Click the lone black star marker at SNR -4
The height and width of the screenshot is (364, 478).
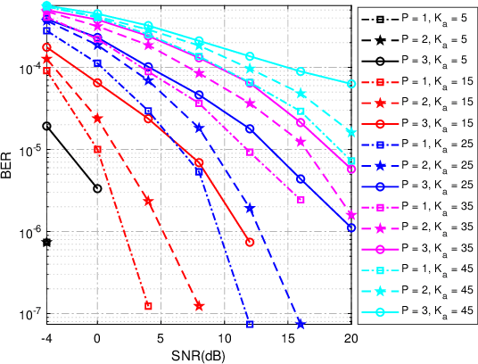coord(46,242)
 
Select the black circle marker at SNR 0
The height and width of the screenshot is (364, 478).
coord(97,188)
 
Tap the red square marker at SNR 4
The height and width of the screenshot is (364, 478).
coord(148,306)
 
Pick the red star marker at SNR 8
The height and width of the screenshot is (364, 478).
coord(199,306)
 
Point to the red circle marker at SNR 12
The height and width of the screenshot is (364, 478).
coord(250,242)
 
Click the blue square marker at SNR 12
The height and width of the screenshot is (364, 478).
coord(250,324)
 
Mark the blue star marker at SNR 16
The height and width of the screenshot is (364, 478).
coord(301,324)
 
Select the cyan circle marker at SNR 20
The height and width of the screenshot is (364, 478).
coord(351,84)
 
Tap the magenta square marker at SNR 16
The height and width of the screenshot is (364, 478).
coord(301,200)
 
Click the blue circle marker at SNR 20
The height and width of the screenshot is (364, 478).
coord(351,227)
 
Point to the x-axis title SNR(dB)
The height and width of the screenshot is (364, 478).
coord(199,354)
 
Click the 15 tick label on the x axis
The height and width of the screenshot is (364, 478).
coord(288,340)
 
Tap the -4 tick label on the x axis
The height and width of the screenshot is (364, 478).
coord(46,340)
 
